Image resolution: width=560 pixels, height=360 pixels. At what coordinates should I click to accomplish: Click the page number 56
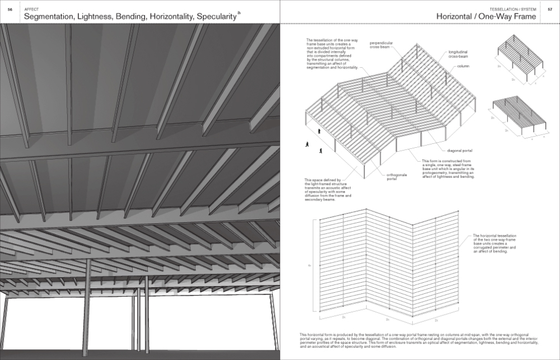coord(10,10)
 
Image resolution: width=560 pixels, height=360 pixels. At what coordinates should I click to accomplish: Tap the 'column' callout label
coord(463,66)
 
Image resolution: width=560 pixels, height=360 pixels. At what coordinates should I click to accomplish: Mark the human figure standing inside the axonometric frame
coord(320,130)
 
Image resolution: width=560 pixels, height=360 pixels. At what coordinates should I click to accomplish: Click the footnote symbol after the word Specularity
coord(239,12)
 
